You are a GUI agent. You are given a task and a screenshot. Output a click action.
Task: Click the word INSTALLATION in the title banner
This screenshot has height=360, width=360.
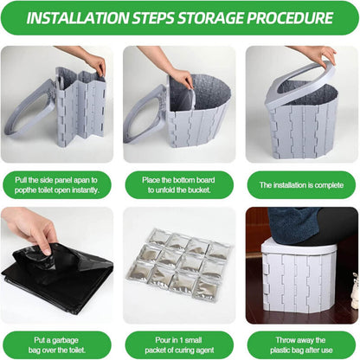[78, 18]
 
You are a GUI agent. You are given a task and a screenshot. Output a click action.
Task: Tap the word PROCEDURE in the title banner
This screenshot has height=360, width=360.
[290, 18]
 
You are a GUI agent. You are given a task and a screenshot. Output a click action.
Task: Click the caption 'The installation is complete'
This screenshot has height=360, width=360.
[301, 185]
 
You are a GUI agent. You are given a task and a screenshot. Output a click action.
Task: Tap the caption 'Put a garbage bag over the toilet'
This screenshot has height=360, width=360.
[56, 345]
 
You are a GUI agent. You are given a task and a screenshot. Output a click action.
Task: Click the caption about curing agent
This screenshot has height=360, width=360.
[179, 345]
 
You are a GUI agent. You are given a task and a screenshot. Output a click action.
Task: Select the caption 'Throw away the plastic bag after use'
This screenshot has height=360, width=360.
[301, 345]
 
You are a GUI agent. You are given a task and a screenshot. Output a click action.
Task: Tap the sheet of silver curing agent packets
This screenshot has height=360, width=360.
[178, 266]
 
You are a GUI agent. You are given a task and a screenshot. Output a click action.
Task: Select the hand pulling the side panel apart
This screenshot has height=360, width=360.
[87, 59]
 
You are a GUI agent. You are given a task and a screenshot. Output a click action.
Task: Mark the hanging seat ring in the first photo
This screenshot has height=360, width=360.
[28, 110]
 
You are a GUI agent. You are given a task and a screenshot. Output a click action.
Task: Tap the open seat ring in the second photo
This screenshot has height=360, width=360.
[145, 115]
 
